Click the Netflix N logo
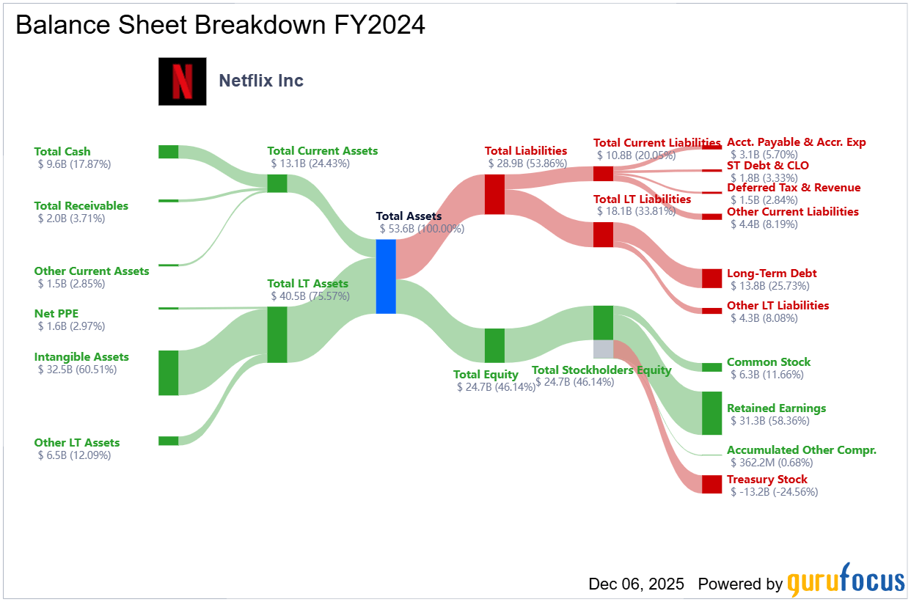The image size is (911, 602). pos(182,81)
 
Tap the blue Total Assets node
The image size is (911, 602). pos(386,276)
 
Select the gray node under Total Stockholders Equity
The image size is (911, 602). pos(603,349)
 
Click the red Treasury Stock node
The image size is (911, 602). pos(711,484)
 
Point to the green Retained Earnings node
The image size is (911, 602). pos(711,413)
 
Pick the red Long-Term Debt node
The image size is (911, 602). pos(711,279)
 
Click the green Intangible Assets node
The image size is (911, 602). pos(169,372)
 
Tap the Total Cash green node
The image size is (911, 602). pos(169,152)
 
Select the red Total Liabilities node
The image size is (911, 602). pos(494,194)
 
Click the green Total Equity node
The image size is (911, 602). pos(494,345)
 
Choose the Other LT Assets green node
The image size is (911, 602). pos(169,441)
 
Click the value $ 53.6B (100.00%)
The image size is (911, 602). pos(422,229)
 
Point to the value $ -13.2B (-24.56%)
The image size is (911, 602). pos(775,492)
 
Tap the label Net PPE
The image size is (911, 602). pos(56,313)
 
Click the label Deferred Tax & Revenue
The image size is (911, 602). pos(794,188)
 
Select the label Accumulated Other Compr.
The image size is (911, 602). pos(802,450)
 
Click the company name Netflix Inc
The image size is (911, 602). pos(261,81)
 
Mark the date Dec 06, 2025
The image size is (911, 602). pos(636,584)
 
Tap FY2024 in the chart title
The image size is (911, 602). pos(379,24)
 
